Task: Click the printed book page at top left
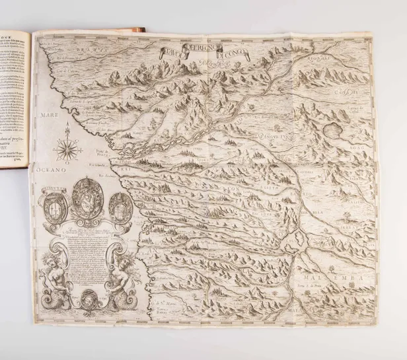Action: [16, 99]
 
